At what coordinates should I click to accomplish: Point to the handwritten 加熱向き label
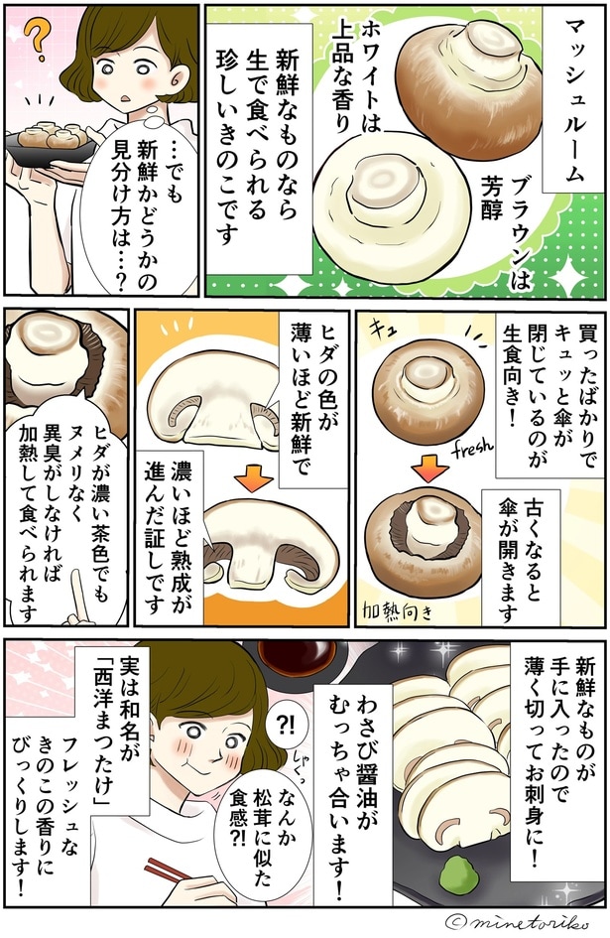(x=403, y=606)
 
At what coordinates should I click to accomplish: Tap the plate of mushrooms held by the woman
(x=48, y=139)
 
